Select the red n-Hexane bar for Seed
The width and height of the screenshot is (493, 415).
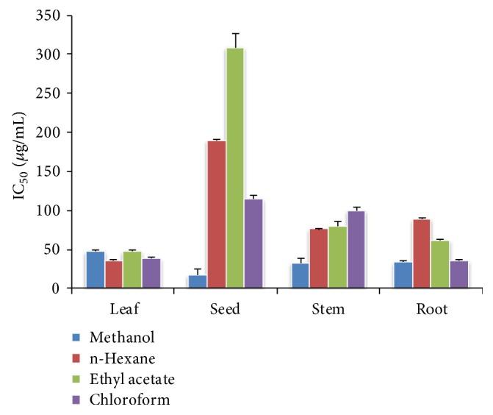click(x=216, y=214)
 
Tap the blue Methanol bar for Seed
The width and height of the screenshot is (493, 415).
click(x=198, y=281)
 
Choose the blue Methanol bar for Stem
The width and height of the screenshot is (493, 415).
click(x=300, y=275)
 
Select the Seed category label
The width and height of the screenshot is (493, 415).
click(x=226, y=309)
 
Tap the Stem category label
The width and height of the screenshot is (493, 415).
click(x=328, y=309)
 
